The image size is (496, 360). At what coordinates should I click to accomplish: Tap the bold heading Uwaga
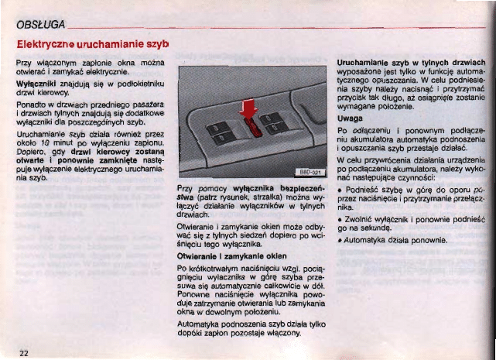coord(351,119)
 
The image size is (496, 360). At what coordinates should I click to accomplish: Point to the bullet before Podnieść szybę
coord(341,189)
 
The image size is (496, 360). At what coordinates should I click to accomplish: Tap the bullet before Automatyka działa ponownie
coord(341,240)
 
